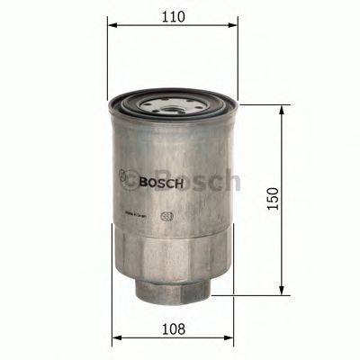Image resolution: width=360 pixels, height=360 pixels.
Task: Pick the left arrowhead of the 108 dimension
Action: (x=115, y=340)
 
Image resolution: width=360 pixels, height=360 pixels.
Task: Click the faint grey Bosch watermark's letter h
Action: (x=231, y=181)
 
